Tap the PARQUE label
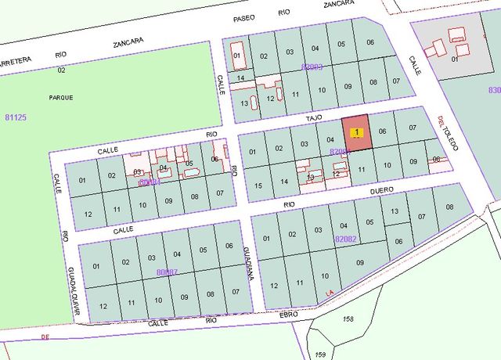60,97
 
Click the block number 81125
16,117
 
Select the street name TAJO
314,117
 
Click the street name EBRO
290,315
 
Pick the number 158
348,319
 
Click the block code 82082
345,238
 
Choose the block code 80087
167,272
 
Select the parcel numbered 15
258,185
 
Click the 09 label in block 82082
359,263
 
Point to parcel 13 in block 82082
395,211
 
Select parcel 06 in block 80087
229,246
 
